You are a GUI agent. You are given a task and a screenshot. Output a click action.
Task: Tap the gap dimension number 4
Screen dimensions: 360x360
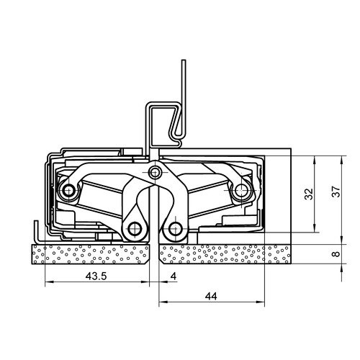click(173, 277)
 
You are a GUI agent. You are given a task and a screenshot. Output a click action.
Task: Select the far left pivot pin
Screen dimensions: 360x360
click(69, 191)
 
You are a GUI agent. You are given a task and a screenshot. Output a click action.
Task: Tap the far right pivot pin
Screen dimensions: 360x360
click(240, 191)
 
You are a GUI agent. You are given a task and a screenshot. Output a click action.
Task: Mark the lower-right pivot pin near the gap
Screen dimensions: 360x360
click(174, 229)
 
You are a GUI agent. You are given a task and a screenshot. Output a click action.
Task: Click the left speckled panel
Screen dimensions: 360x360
click(90, 254)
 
